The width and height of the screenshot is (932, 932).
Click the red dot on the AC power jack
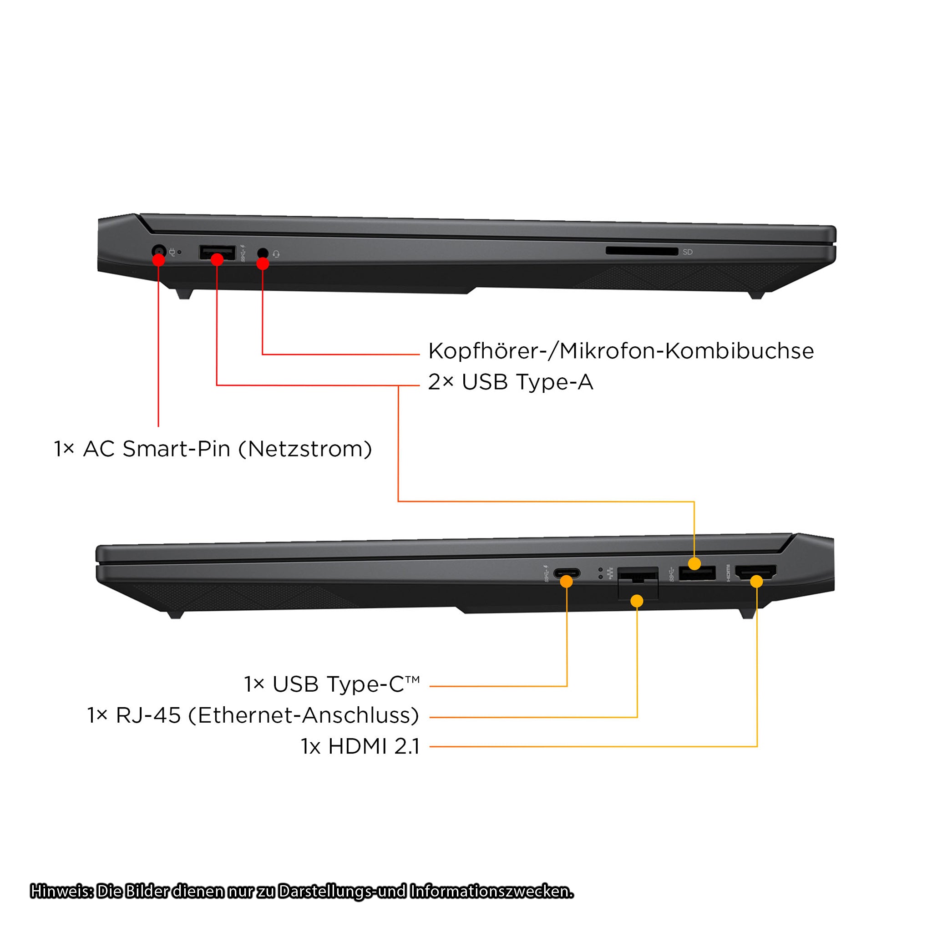(159, 260)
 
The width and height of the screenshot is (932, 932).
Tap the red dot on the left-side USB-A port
(217, 259)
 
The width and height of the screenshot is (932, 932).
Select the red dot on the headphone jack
(263, 263)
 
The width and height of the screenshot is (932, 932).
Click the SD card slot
(642, 251)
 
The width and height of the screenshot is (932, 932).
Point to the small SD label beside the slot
(688, 252)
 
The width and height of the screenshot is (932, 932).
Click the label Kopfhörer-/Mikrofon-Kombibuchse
(621, 351)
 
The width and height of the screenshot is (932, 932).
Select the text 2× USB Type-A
(511, 382)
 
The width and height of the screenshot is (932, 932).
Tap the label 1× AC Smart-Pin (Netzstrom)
(213, 449)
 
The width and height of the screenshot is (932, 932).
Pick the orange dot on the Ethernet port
(637, 601)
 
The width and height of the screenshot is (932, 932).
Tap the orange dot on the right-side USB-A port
(694, 563)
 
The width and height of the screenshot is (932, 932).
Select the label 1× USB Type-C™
(331, 684)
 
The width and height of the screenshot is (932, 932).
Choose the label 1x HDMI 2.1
(360, 746)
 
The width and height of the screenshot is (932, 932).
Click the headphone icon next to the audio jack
(276, 254)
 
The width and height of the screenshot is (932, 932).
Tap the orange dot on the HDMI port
(756, 581)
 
